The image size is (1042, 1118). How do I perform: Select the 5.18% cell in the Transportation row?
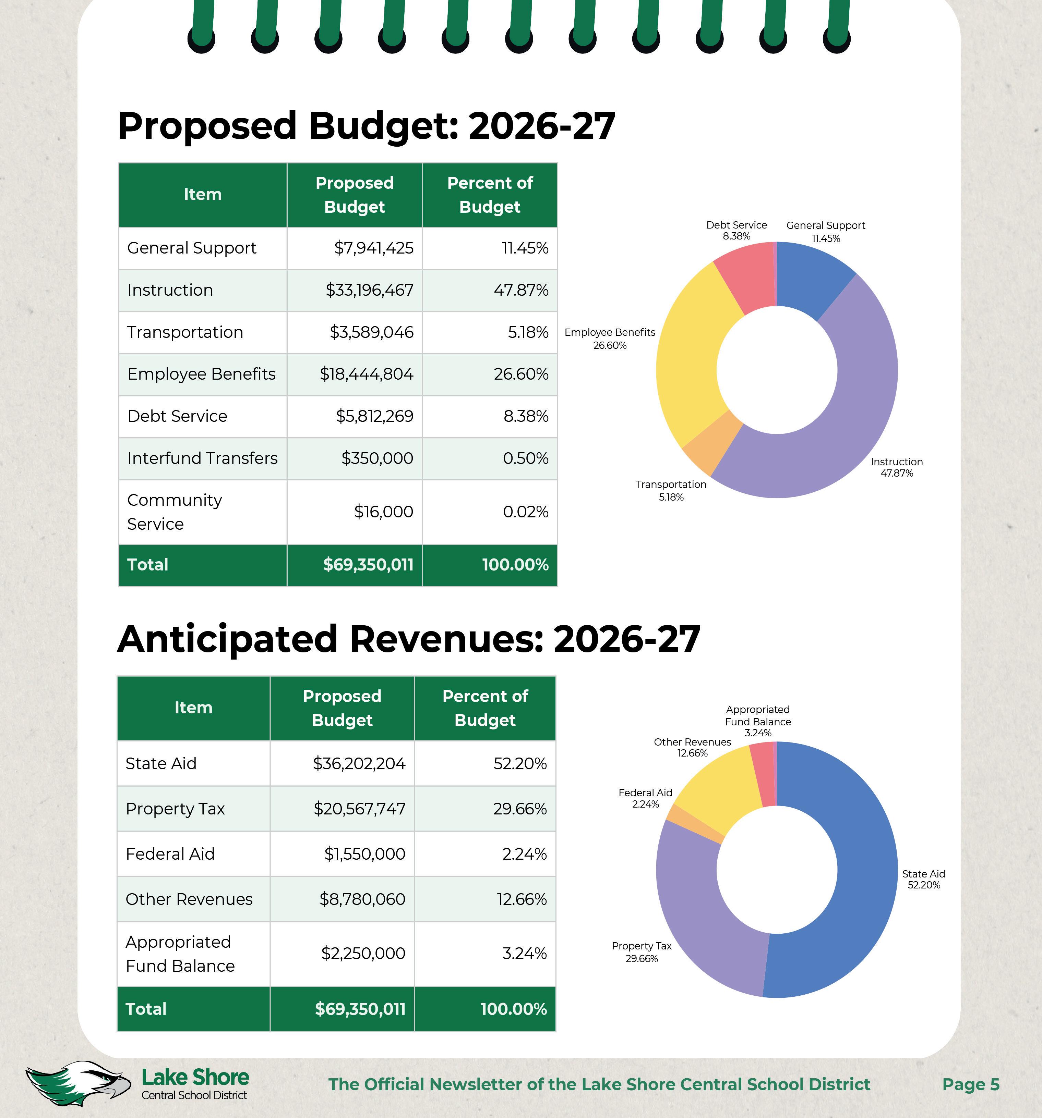(528, 332)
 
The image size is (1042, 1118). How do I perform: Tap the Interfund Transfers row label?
(202, 458)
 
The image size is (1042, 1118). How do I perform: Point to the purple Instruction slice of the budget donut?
(844, 427)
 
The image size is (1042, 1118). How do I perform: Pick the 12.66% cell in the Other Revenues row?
(521, 899)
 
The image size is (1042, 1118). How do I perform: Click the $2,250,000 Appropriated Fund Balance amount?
(363, 953)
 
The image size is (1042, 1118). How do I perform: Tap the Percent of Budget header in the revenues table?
(485, 708)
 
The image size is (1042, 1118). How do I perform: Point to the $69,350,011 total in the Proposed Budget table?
(368, 565)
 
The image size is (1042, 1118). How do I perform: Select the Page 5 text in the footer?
(971, 1084)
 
